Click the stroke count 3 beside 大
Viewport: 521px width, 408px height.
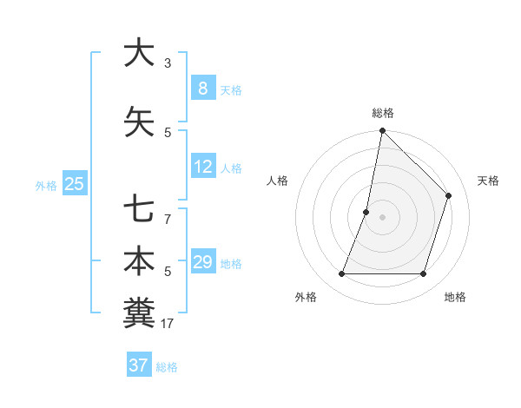click(x=168, y=63)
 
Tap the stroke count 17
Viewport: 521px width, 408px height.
click(x=168, y=324)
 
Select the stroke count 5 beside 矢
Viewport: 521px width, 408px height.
click(x=168, y=133)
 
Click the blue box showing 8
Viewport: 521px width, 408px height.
click(x=202, y=88)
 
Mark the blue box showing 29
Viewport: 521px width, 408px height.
click(x=203, y=262)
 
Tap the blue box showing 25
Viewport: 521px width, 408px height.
click(x=75, y=183)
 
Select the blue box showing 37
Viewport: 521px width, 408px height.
click(x=139, y=365)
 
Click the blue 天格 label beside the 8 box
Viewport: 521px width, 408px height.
click(x=231, y=89)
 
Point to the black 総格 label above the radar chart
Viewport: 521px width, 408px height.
click(x=383, y=113)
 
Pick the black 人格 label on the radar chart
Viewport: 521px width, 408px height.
click(x=277, y=181)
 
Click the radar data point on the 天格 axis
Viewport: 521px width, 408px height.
click(x=449, y=195)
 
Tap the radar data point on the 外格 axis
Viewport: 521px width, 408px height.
click(x=341, y=274)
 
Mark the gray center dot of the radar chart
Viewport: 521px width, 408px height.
click(x=382, y=217)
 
